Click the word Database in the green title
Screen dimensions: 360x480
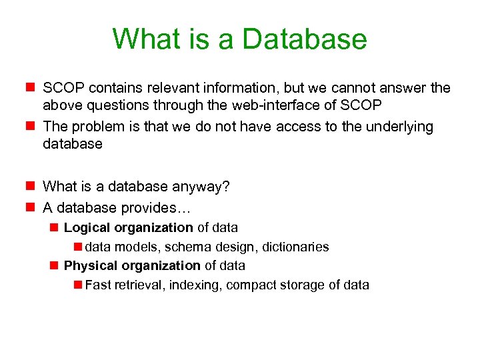coord(305,39)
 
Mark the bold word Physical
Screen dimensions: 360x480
coord(89,266)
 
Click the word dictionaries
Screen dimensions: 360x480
coord(295,247)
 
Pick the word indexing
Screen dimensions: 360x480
coord(197,285)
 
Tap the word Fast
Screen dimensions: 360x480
coord(98,285)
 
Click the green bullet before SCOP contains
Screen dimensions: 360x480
coord(29,88)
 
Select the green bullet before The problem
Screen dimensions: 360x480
coord(29,127)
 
